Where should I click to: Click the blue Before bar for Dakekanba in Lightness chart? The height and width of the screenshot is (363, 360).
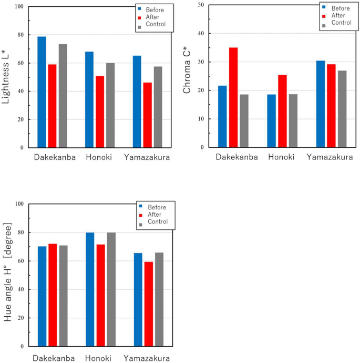(x=42, y=92)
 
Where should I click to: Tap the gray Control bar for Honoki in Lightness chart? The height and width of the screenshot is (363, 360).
(x=110, y=105)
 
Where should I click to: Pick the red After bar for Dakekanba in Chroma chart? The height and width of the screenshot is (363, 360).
(x=233, y=97)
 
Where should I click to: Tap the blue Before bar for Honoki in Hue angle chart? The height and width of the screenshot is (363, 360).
(x=90, y=289)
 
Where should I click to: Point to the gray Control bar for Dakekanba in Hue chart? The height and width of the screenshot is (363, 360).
(x=63, y=296)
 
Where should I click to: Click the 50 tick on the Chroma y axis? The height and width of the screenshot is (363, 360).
(x=200, y=5)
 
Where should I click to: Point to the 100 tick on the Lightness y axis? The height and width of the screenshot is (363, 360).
(x=19, y=7)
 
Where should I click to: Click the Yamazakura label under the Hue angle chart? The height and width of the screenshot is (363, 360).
(x=147, y=358)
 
